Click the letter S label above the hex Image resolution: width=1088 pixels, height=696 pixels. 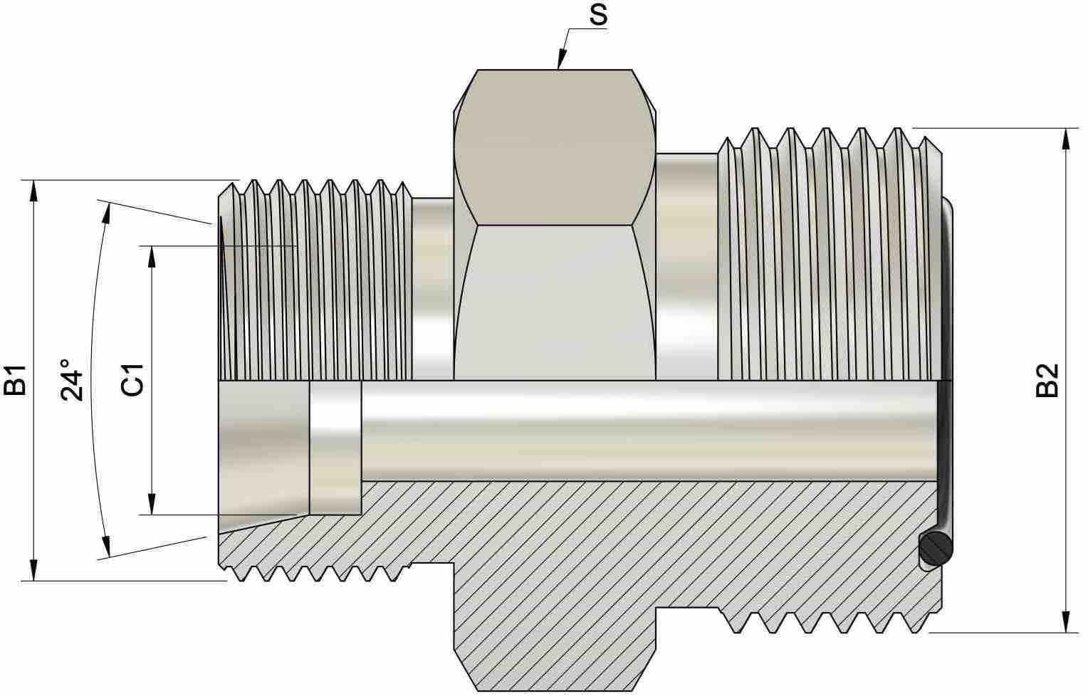tap(598, 15)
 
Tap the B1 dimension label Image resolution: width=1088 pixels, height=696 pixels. tap(14, 380)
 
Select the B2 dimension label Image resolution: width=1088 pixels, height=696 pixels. tap(1047, 381)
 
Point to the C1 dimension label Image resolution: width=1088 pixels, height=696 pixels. tap(132, 380)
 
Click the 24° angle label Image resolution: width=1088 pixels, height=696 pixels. tap(72, 380)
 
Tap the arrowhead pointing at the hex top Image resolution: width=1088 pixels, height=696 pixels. tap(562, 59)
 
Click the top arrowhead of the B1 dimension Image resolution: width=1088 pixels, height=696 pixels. tap(33, 190)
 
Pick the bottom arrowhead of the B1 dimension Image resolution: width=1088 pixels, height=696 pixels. tap(33, 570)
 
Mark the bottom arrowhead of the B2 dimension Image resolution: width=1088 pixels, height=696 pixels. tap(1066, 623)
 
